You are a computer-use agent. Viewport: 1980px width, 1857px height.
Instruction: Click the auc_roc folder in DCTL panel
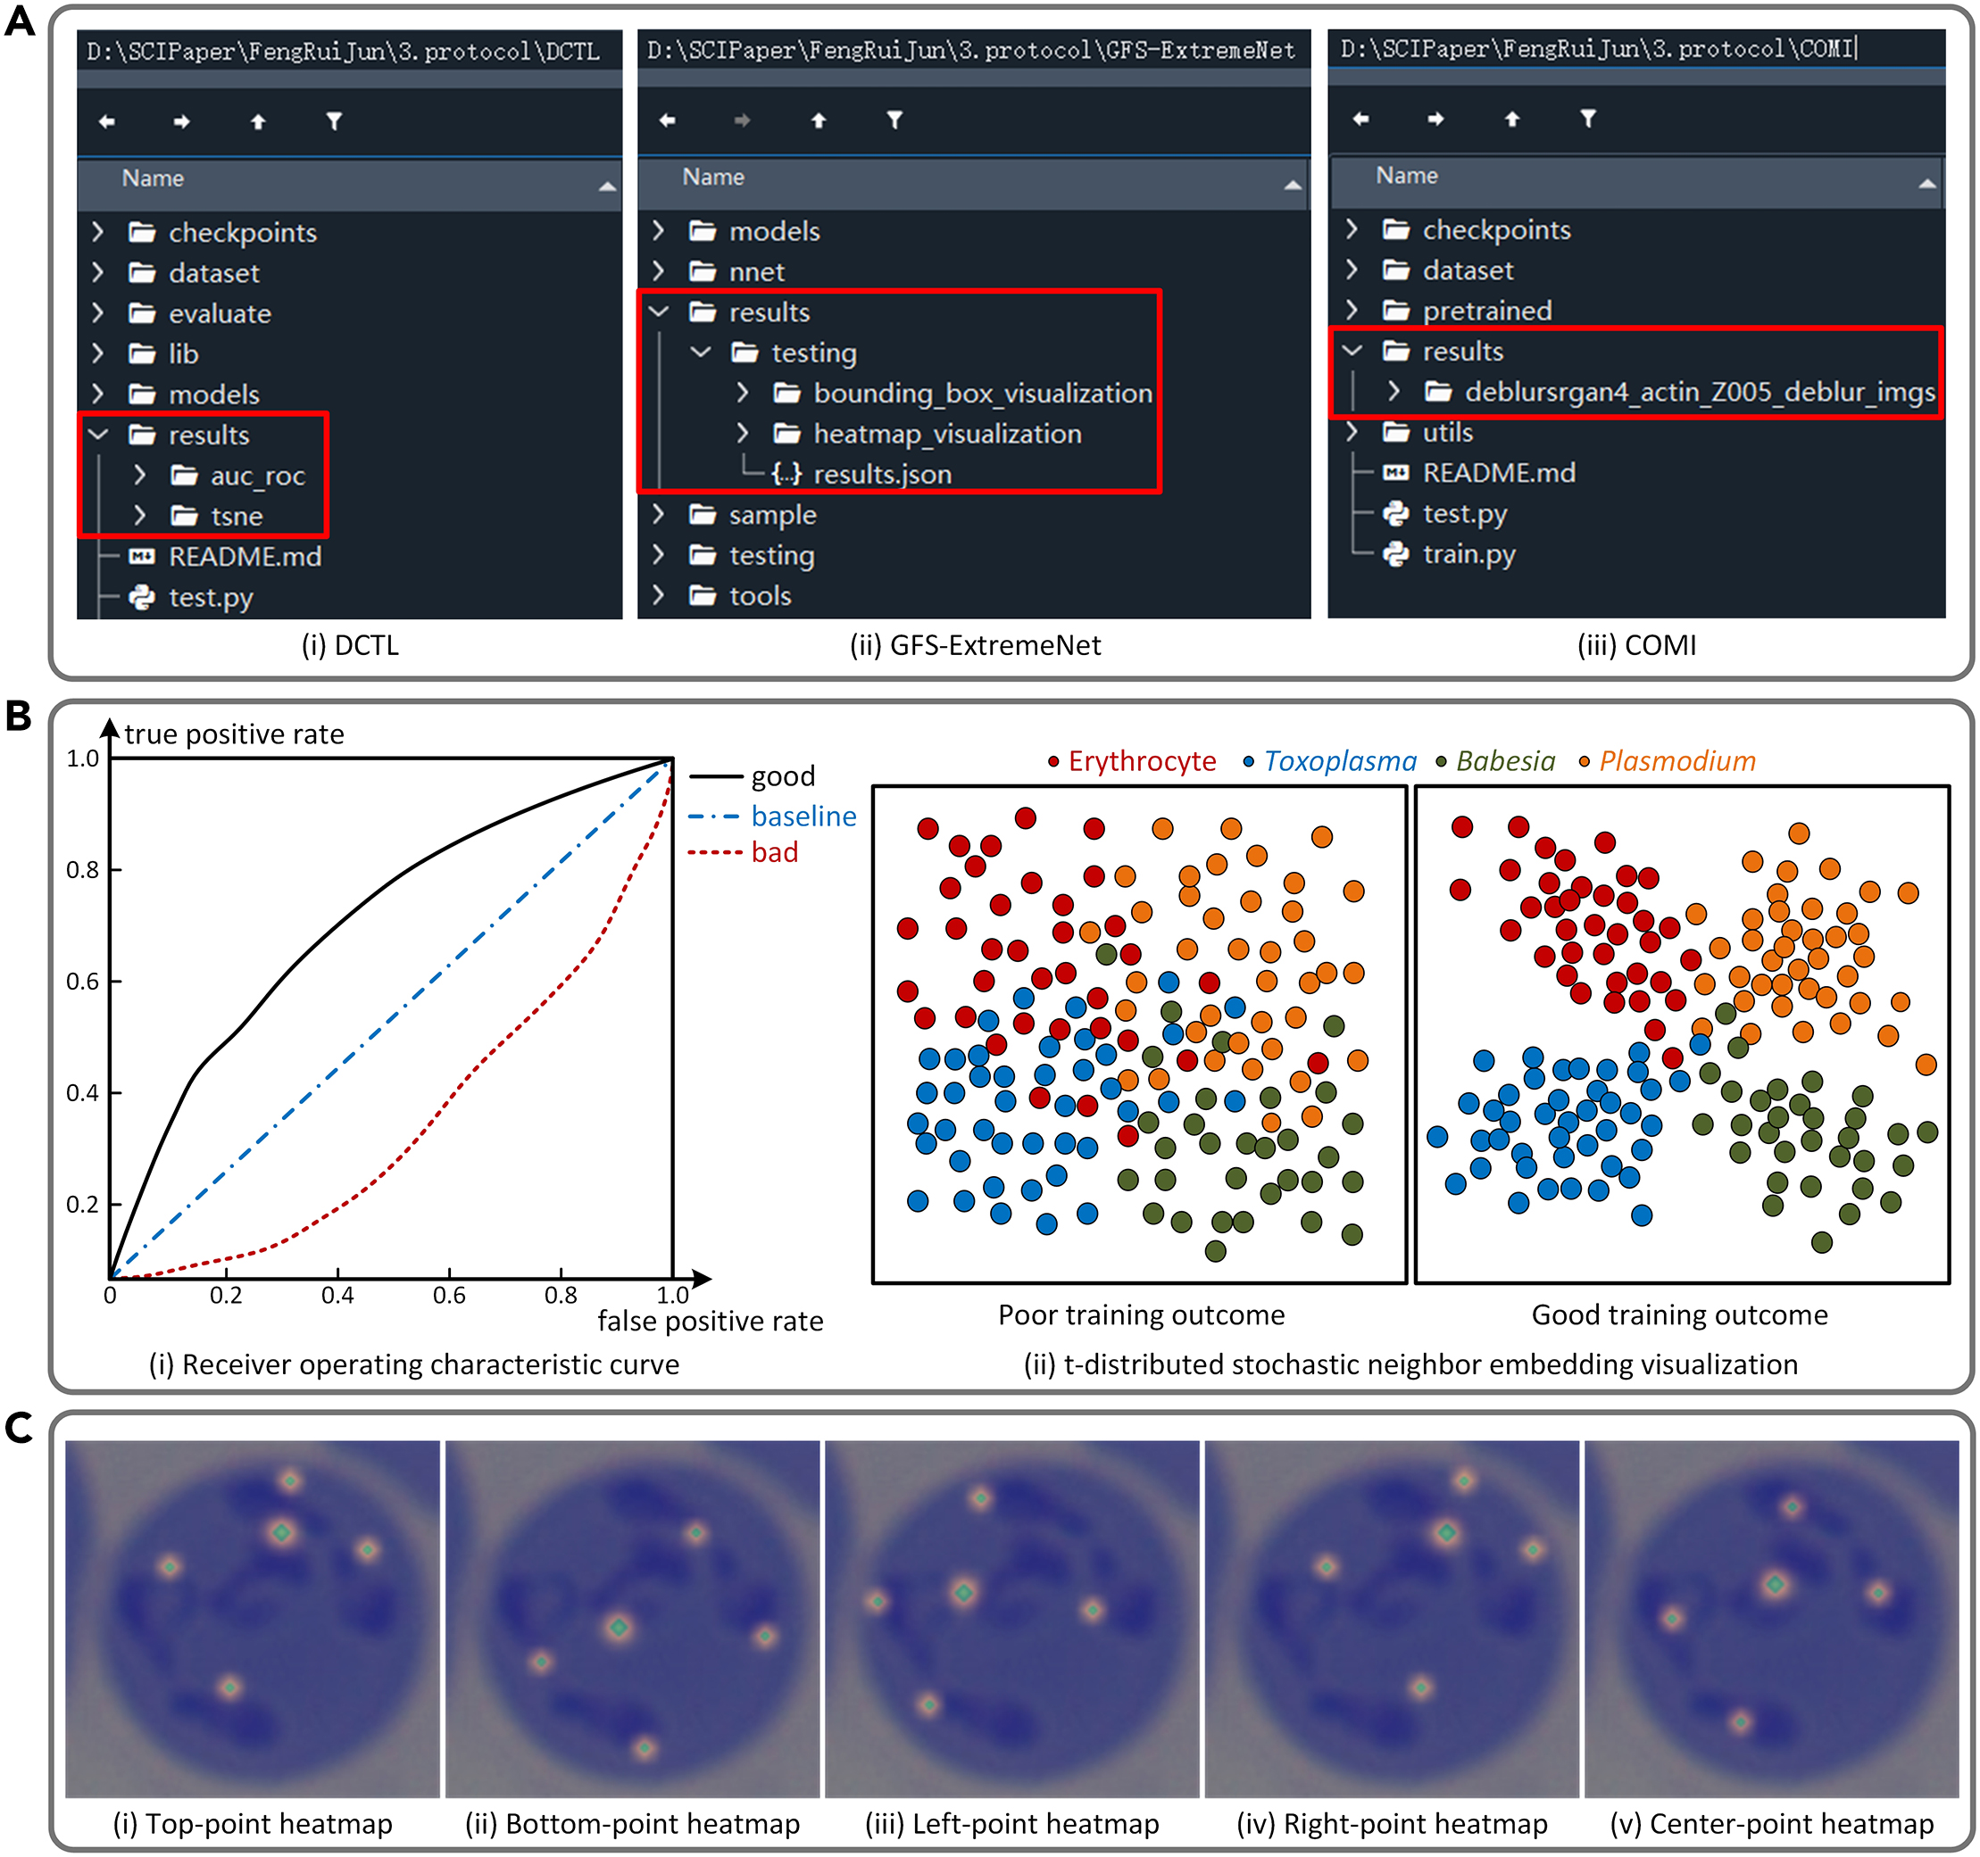click(256, 476)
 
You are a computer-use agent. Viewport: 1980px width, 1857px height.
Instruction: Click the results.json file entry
click(881, 474)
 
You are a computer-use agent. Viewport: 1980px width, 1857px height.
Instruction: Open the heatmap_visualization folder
click(946, 434)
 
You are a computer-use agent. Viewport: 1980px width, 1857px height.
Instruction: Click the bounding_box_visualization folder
click(982, 394)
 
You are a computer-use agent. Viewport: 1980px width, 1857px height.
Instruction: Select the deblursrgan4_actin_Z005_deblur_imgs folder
click(1699, 393)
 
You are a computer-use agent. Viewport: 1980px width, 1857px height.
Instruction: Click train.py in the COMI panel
click(1468, 553)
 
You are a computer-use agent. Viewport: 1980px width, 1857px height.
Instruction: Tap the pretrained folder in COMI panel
click(1486, 311)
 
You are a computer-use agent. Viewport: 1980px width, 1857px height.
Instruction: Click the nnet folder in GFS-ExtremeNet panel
click(756, 272)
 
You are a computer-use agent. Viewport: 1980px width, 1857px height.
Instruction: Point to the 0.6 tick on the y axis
click(83, 982)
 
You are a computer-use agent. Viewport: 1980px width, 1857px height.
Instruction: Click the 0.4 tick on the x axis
click(337, 1296)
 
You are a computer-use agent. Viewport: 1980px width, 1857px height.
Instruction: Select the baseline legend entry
click(803, 817)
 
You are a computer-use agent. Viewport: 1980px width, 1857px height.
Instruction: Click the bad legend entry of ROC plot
click(774, 852)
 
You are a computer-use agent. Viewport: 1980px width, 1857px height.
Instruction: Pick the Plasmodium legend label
click(1676, 762)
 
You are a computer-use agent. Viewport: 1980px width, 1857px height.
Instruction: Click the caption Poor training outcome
click(1142, 1315)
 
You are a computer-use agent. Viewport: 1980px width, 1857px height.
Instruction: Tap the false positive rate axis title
click(710, 1322)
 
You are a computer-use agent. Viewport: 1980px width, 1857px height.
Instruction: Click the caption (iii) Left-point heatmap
click(1012, 1824)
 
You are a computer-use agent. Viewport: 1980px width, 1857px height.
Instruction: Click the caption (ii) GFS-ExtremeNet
click(975, 645)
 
